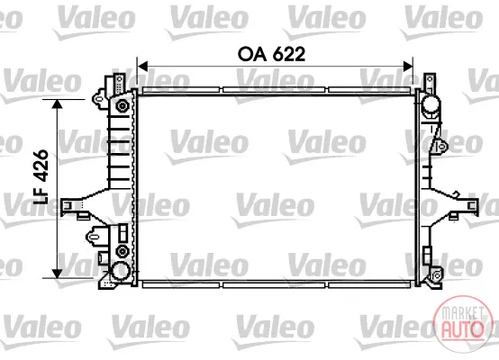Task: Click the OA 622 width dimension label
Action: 271,54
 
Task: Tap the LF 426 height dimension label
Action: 41,176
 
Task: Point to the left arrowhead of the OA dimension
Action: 142,67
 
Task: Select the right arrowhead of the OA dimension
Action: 408,67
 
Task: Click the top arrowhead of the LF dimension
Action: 57,104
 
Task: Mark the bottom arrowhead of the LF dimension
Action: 57,273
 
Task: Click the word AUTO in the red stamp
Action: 462,328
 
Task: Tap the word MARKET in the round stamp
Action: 461,312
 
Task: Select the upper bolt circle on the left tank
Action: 122,105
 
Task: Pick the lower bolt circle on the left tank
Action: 122,251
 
